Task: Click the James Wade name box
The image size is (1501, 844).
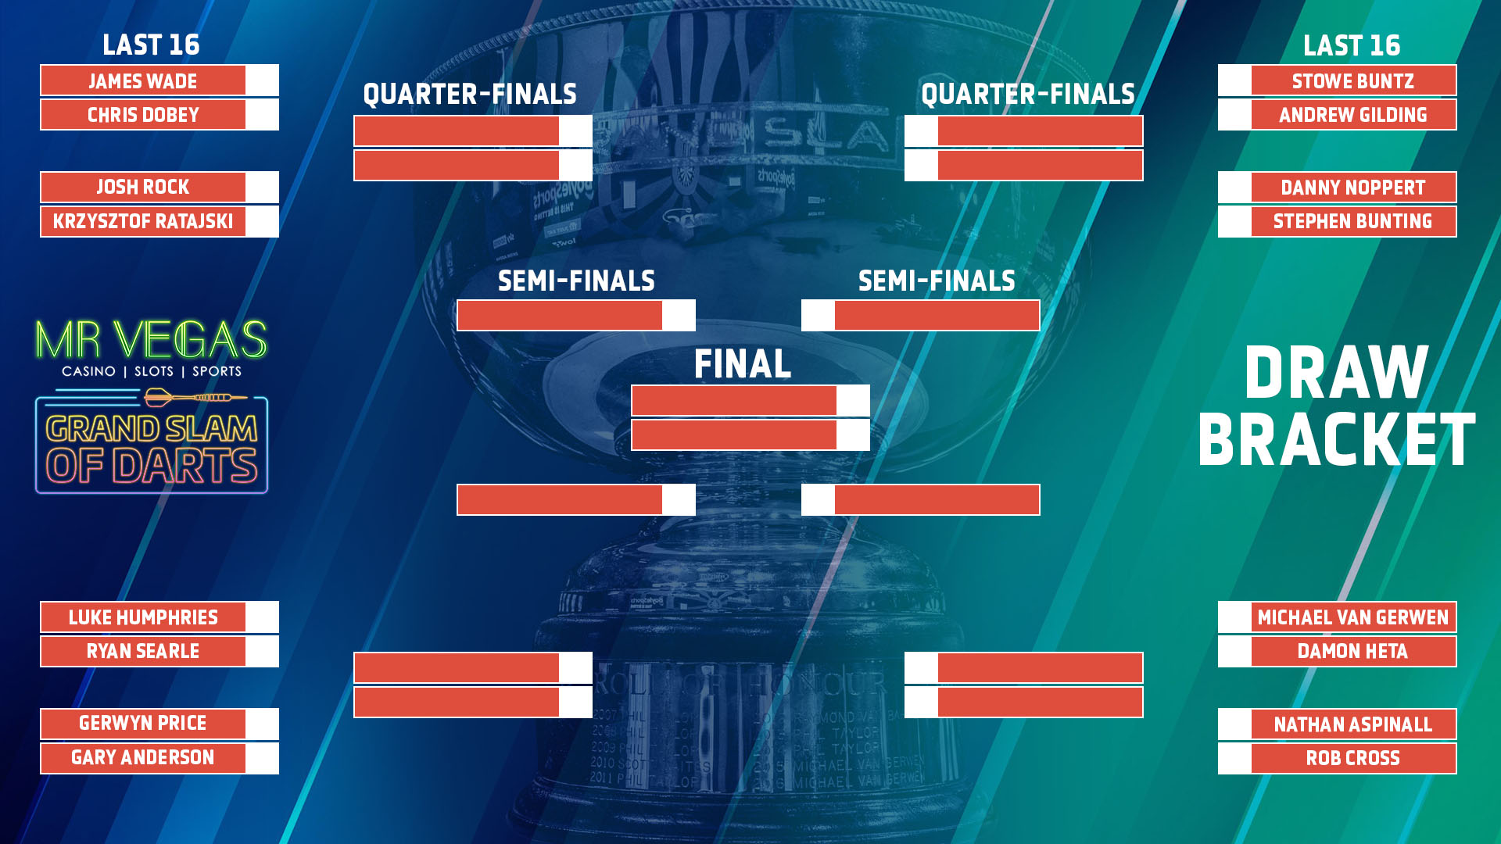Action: [143, 80]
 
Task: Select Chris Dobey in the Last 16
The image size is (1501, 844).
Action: [143, 115]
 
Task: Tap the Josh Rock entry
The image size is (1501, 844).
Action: [143, 188]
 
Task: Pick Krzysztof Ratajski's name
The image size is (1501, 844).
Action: [143, 222]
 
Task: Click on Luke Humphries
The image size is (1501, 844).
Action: [143, 617]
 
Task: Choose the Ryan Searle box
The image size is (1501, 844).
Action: [143, 652]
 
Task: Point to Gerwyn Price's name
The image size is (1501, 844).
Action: [143, 724]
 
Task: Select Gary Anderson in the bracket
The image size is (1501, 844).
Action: [143, 758]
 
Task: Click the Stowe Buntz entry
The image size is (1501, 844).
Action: [1353, 80]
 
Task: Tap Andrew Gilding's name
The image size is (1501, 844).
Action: [1353, 115]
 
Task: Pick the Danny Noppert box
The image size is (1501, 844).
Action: [1353, 188]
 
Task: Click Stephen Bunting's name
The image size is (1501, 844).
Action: [1353, 222]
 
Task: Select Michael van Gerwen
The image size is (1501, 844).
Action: [1353, 617]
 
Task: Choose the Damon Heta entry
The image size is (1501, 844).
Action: [1353, 652]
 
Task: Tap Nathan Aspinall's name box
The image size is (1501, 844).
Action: [1353, 724]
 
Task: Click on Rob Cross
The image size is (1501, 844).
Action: [1353, 758]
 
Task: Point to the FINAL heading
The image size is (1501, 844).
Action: [743, 364]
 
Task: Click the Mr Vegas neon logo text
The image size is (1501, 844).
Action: [152, 340]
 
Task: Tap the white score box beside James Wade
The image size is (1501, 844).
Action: [262, 80]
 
